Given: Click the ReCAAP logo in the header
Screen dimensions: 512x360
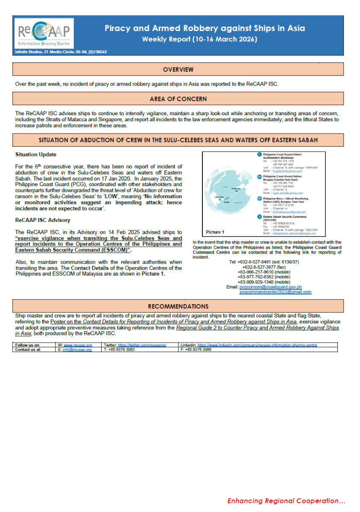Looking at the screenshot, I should coord(44,33).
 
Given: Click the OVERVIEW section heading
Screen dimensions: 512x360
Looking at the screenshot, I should coord(178,70).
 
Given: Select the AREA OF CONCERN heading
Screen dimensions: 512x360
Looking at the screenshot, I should coord(178,99).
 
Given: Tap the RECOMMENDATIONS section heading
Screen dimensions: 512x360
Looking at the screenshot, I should coord(178,306).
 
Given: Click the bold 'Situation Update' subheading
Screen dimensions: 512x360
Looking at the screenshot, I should coord(35,154).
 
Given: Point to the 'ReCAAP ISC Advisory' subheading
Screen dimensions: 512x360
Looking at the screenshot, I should coord(43,220).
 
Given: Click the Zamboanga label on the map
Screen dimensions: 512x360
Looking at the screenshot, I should coord(236,188).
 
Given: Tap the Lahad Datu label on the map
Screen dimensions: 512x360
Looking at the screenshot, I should coord(220,197).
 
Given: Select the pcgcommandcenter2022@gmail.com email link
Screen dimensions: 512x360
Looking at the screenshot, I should coord(275,292).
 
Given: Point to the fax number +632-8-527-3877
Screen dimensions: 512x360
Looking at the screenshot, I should coord(259,267).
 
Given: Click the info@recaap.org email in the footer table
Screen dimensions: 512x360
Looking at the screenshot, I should coord(77,349).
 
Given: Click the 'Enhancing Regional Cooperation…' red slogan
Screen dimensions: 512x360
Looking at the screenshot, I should coord(286,500).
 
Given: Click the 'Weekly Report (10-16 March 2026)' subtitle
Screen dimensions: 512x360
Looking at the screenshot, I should coord(199,39).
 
